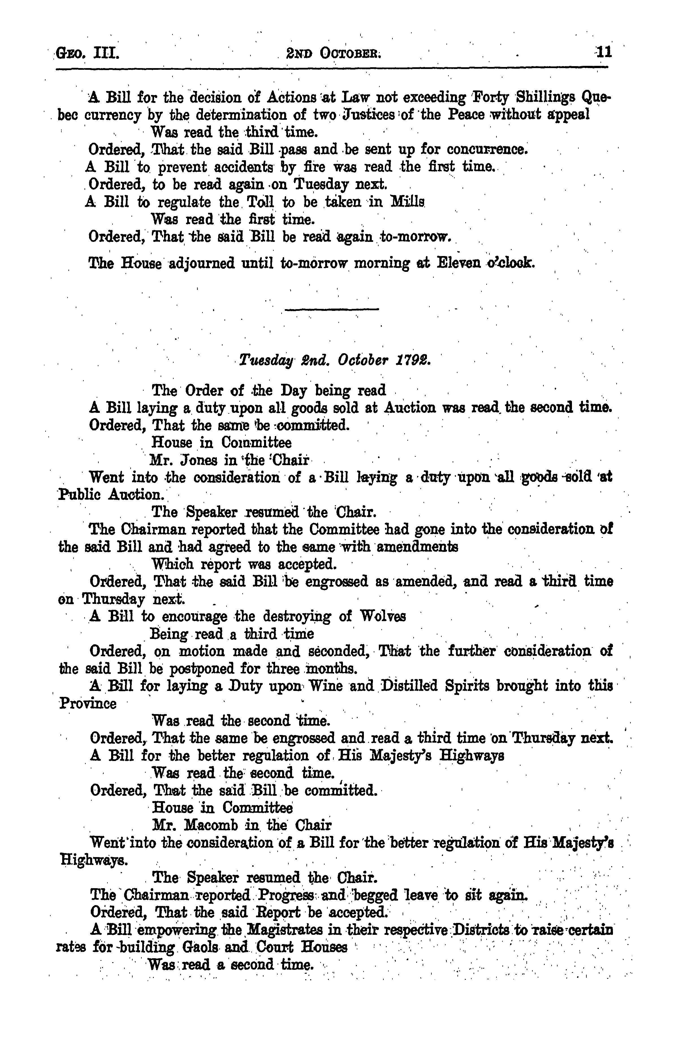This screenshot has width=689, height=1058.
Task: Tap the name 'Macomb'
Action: (218, 825)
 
